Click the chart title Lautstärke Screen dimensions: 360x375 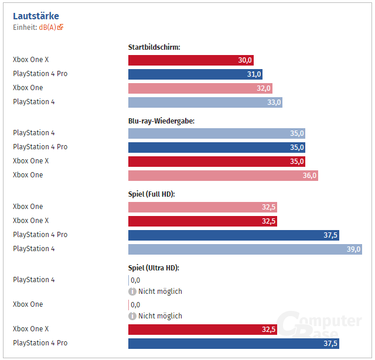[36, 16]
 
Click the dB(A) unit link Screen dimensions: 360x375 [47, 27]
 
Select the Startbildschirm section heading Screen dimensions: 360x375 [154, 47]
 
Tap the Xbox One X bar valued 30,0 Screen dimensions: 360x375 [190, 60]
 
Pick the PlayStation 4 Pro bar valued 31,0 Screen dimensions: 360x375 [195, 74]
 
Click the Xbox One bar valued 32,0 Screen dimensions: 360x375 [200, 88]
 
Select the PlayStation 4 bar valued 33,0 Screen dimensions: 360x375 [205, 102]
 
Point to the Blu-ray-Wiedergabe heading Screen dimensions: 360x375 [161, 121]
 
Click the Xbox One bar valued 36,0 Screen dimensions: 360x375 [223, 176]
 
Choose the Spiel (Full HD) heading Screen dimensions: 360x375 [152, 194]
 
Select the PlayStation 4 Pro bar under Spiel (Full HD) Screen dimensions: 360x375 [233, 235]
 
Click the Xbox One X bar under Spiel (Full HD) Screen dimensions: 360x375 [202, 221]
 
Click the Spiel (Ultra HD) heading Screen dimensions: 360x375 [154, 268]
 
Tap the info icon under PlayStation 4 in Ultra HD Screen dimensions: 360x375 [132, 292]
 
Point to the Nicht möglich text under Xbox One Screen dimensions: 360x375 [160, 316]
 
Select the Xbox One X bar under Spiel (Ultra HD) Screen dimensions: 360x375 [202, 330]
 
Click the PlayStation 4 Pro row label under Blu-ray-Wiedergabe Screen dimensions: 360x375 [40, 147]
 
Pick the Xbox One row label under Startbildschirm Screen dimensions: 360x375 [28, 88]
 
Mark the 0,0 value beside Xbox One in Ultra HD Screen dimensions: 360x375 [135, 305]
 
